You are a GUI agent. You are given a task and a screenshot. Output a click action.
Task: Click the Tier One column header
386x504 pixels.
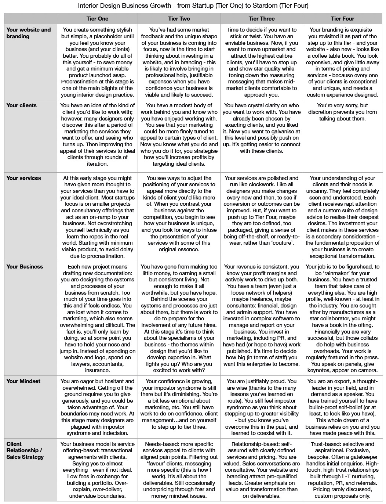tap(97, 18)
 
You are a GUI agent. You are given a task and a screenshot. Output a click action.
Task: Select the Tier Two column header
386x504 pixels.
tap(179, 18)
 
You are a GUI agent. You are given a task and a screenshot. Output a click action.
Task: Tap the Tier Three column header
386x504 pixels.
tap(261, 18)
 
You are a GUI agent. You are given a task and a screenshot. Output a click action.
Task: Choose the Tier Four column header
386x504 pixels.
tap(342, 18)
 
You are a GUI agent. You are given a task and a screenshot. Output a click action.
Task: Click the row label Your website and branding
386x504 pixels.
tap(29, 33)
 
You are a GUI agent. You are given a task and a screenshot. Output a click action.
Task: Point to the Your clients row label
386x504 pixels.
tap(22, 105)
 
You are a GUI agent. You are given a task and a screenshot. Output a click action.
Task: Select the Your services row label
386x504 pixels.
tap(24, 178)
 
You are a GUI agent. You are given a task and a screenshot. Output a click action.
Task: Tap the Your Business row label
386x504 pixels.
tap(25, 267)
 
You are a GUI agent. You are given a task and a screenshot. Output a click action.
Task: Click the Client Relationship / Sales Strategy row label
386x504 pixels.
tap(25, 450)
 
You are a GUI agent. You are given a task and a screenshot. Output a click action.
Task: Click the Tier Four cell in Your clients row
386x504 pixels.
tap(342, 112)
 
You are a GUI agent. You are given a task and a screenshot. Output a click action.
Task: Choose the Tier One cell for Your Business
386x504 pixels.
tap(97, 318)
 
